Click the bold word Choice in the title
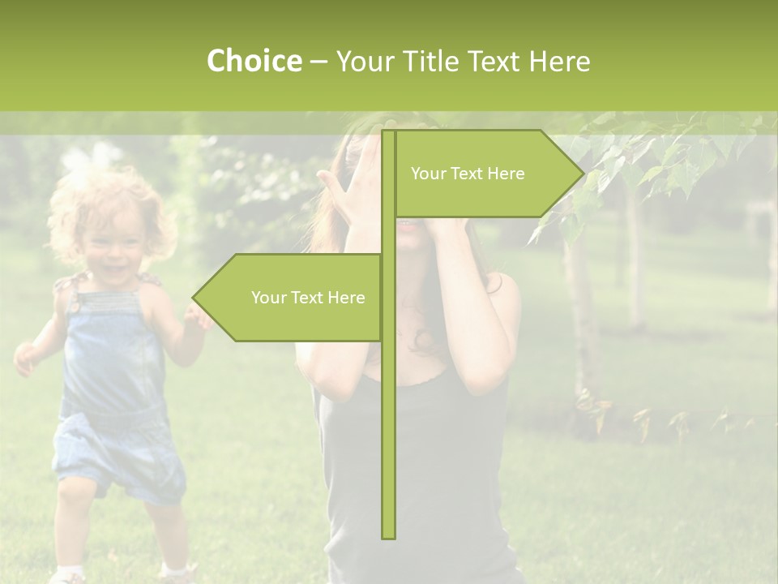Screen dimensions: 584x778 click(x=254, y=62)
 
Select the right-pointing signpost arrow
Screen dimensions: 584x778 click(x=486, y=174)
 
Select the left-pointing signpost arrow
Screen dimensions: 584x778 click(x=292, y=298)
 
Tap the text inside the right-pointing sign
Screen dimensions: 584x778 click(x=468, y=174)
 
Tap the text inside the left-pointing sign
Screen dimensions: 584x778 click(x=308, y=298)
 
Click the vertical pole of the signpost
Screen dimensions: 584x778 click(x=388, y=406)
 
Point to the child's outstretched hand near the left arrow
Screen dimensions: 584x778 click(x=197, y=316)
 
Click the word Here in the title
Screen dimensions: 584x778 click(x=559, y=62)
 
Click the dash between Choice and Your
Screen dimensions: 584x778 click(x=318, y=62)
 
